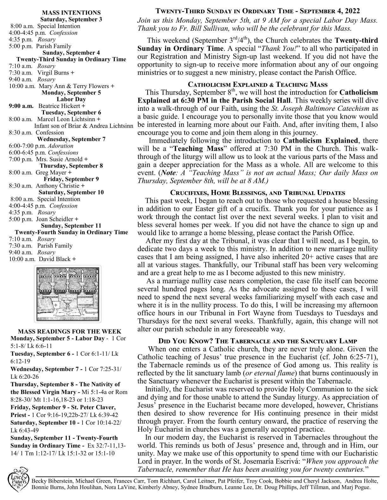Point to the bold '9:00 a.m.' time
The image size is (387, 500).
pos(21,106)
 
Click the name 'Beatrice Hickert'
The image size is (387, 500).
pos(59,106)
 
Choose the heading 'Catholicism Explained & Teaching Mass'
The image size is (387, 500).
pos(258,85)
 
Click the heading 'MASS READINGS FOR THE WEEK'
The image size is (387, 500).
pos(70,331)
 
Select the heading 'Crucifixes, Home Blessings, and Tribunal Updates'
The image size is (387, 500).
pos(258,193)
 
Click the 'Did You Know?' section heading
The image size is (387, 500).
pos(258,341)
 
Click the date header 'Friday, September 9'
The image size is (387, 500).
pos(71,179)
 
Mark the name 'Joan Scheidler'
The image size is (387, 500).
pos(55,219)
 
